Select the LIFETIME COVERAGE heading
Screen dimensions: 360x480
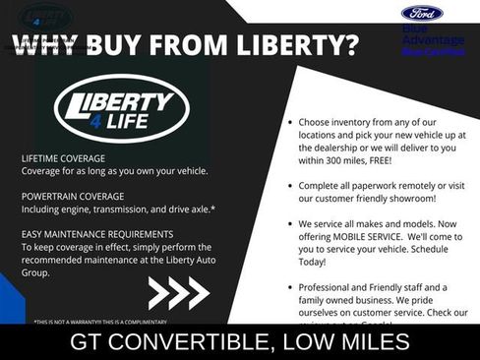point(63,157)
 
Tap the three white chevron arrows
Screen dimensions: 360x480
point(178,292)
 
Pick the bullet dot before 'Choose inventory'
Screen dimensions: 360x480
point(288,123)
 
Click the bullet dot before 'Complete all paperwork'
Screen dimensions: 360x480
point(288,184)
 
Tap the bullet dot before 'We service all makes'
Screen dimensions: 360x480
point(288,223)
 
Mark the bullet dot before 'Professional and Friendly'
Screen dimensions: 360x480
point(288,284)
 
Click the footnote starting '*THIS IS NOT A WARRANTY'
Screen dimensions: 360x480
point(99,322)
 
